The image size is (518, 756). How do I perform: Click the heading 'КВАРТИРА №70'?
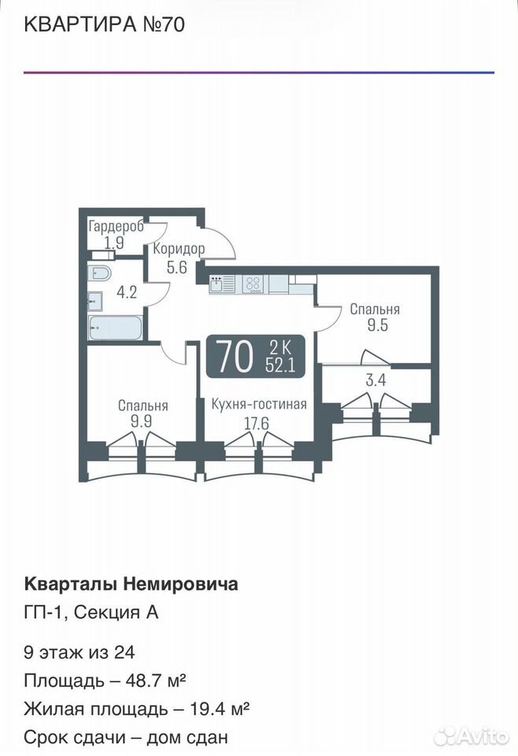(x=104, y=24)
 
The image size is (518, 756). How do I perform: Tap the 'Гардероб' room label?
(x=117, y=226)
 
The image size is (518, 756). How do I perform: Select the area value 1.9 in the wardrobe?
(x=114, y=242)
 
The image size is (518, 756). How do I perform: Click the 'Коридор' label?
(x=179, y=249)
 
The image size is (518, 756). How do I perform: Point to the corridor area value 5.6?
(x=177, y=267)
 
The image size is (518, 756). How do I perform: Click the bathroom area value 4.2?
(x=128, y=292)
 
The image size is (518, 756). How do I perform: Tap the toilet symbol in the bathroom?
(x=100, y=273)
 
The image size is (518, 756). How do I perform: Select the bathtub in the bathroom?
(x=115, y=328)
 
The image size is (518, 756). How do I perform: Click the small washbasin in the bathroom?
(x=95, y=302)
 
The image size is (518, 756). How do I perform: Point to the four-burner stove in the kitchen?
(x=253, y=284)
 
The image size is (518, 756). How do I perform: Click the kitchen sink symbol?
(x=222, y=284)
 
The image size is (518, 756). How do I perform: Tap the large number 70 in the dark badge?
(x=235, y=356)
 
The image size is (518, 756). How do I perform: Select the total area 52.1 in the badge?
(x=280, y=366)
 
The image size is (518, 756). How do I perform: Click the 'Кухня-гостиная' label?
(x=259, y=403)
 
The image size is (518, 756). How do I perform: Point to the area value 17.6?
(x=257, y=424)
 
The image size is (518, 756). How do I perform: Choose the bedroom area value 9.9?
(x=142, y=421)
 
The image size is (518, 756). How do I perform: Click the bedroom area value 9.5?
(x=378, y=325)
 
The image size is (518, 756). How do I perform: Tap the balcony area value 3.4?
(x=376, y=380)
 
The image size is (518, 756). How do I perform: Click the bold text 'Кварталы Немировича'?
(x=131, y=584)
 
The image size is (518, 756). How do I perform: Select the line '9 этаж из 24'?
(x=80, y=652)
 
